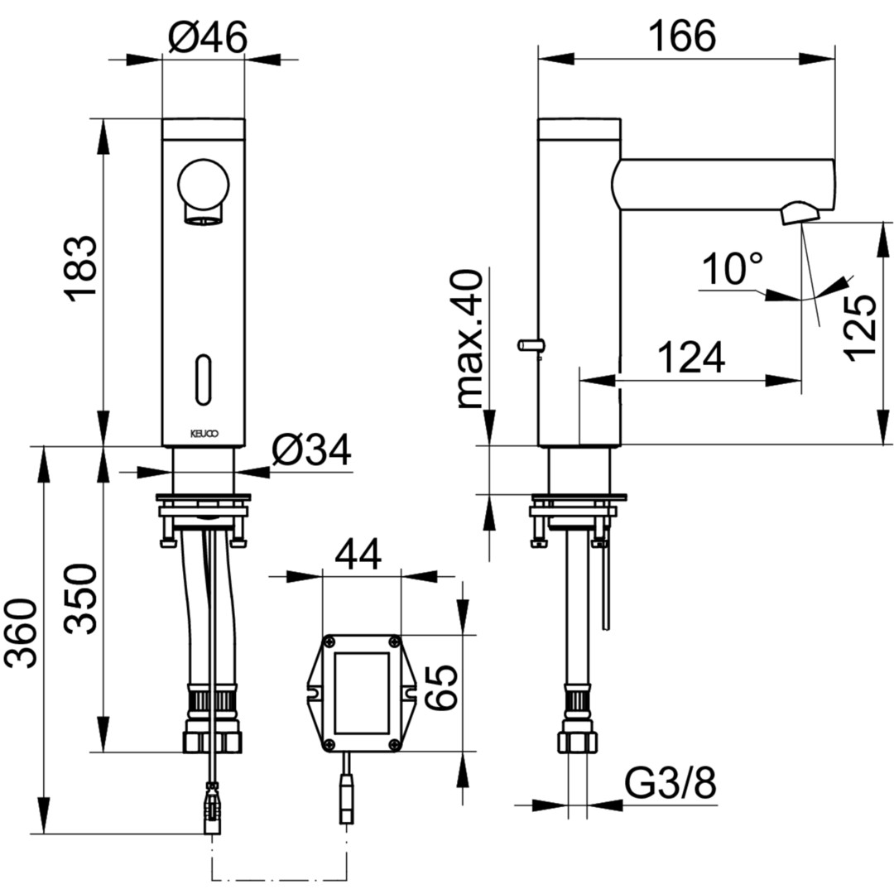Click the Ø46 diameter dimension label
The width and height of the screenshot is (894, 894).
[208, 37]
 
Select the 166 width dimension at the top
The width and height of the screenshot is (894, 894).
[682, 36]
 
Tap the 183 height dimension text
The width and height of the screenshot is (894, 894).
[80, 265]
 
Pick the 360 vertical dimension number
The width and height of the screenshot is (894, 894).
[21, 633]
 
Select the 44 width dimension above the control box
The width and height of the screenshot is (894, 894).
[358, 554]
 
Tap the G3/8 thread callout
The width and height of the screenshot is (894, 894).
[670, 784]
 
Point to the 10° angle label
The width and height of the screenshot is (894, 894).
[732, 268]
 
